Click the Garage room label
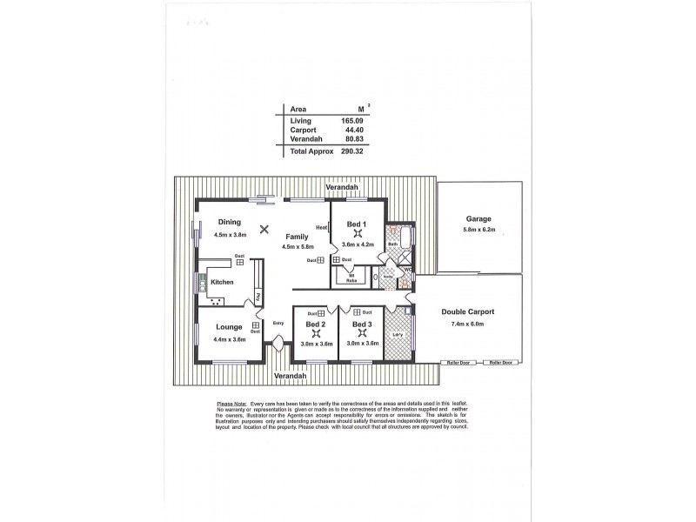[478, 219]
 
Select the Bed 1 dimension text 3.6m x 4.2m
[356, 244]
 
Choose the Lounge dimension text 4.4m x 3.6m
[230, 339]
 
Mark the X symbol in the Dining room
[253, 230]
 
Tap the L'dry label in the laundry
[398, 335]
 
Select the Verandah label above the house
[342, 188]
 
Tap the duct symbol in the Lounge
[256, 325]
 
